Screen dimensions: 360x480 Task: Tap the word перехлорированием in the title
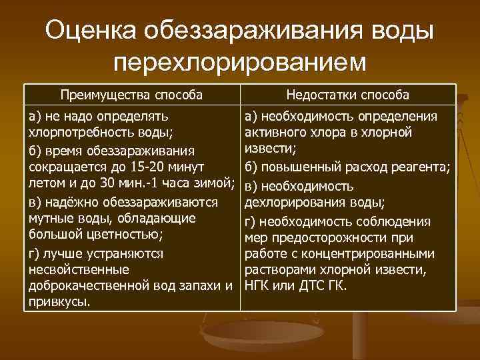coord(240,62)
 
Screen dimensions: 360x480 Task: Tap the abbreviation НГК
coord(259,286)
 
